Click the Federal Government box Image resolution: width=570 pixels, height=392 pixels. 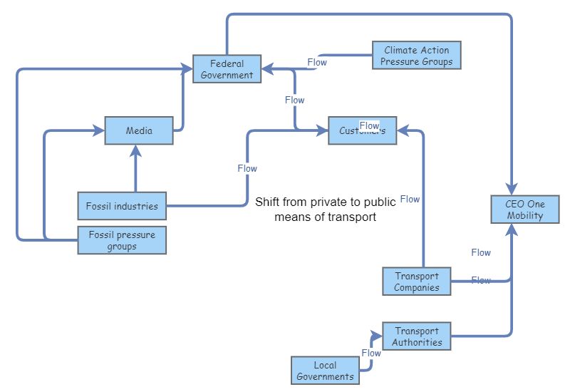pyautogui.click(x=227, y=69)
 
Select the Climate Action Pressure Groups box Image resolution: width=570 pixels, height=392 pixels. pyautogui.click(x=416, y=56)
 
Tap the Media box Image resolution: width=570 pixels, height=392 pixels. pyautogui.click(x=139, y=130)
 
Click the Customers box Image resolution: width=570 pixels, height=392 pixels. pyautogui.click(x=362, y=130)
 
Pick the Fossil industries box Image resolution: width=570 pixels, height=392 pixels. pyautogui.click(x=122, y=206)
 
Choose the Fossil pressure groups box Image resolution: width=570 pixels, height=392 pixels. pyautogui.click(x=122, y=240)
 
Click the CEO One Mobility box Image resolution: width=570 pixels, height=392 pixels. pyautogui.click(x=524, y=210)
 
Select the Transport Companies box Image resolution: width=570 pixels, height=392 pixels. pyautogui.click(x=417, y=282)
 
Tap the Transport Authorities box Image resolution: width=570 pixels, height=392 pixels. pyautogui.click(x=417, y=336)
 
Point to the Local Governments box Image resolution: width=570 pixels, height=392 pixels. pyautogui.click(x=325, y=371)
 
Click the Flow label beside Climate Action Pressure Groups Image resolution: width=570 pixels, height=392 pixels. pyautogui.click(x=317, y=62)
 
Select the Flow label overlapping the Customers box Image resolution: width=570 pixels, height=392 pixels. pyautogui.click(x=369, y=126)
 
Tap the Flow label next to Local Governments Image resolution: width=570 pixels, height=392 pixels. pyautogui.click(x=371, y=353)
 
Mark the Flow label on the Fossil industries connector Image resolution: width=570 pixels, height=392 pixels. pyautogui.click(x=247, y=169)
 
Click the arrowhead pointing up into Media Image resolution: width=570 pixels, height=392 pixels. pyautogui.click(x=135, y=150)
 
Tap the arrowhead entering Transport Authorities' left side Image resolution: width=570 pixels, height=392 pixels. pyautogui.click(x=378, y=332)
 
